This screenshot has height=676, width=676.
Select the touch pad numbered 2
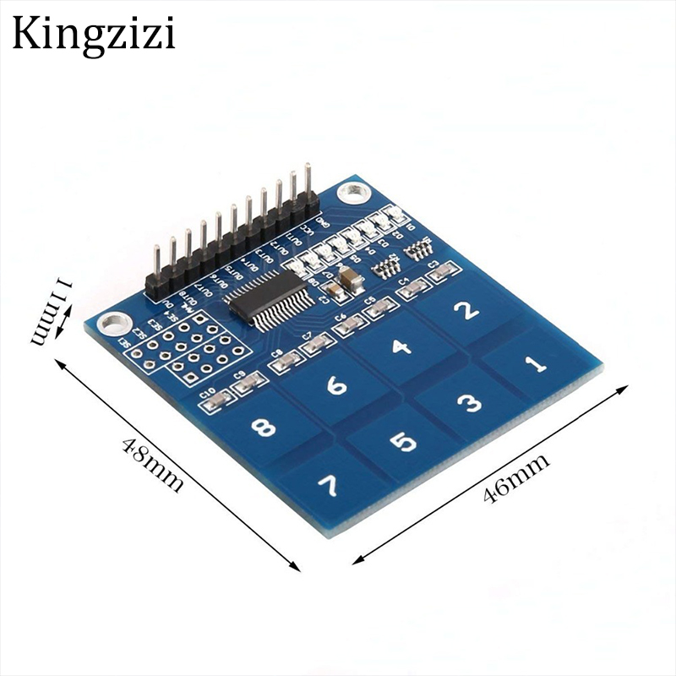point(466,311)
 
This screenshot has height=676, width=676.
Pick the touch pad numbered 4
point(401,347)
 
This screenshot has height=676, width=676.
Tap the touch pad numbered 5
point(402,442)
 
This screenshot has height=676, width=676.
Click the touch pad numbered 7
point(327,487)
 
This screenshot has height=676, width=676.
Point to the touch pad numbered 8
point(264,428)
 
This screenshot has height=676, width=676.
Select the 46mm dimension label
point(516,478)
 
